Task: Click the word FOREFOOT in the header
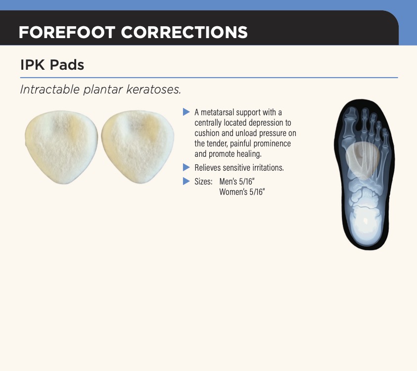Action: pos(67,33)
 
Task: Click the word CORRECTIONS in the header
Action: pos(185,33)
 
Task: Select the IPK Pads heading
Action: pos(52,65)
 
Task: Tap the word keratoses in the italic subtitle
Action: pos(153,90)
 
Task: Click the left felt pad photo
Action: pos(61,146)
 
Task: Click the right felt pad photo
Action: pos(138,146)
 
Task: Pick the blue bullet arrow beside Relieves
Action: pos(186,168)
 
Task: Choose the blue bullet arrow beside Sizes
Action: pos(186,182)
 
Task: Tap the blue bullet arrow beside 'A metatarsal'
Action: pos(186,112)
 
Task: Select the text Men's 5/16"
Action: pos(237,182)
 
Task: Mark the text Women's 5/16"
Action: pos(242,192)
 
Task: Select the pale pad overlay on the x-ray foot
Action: pos(363,160)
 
